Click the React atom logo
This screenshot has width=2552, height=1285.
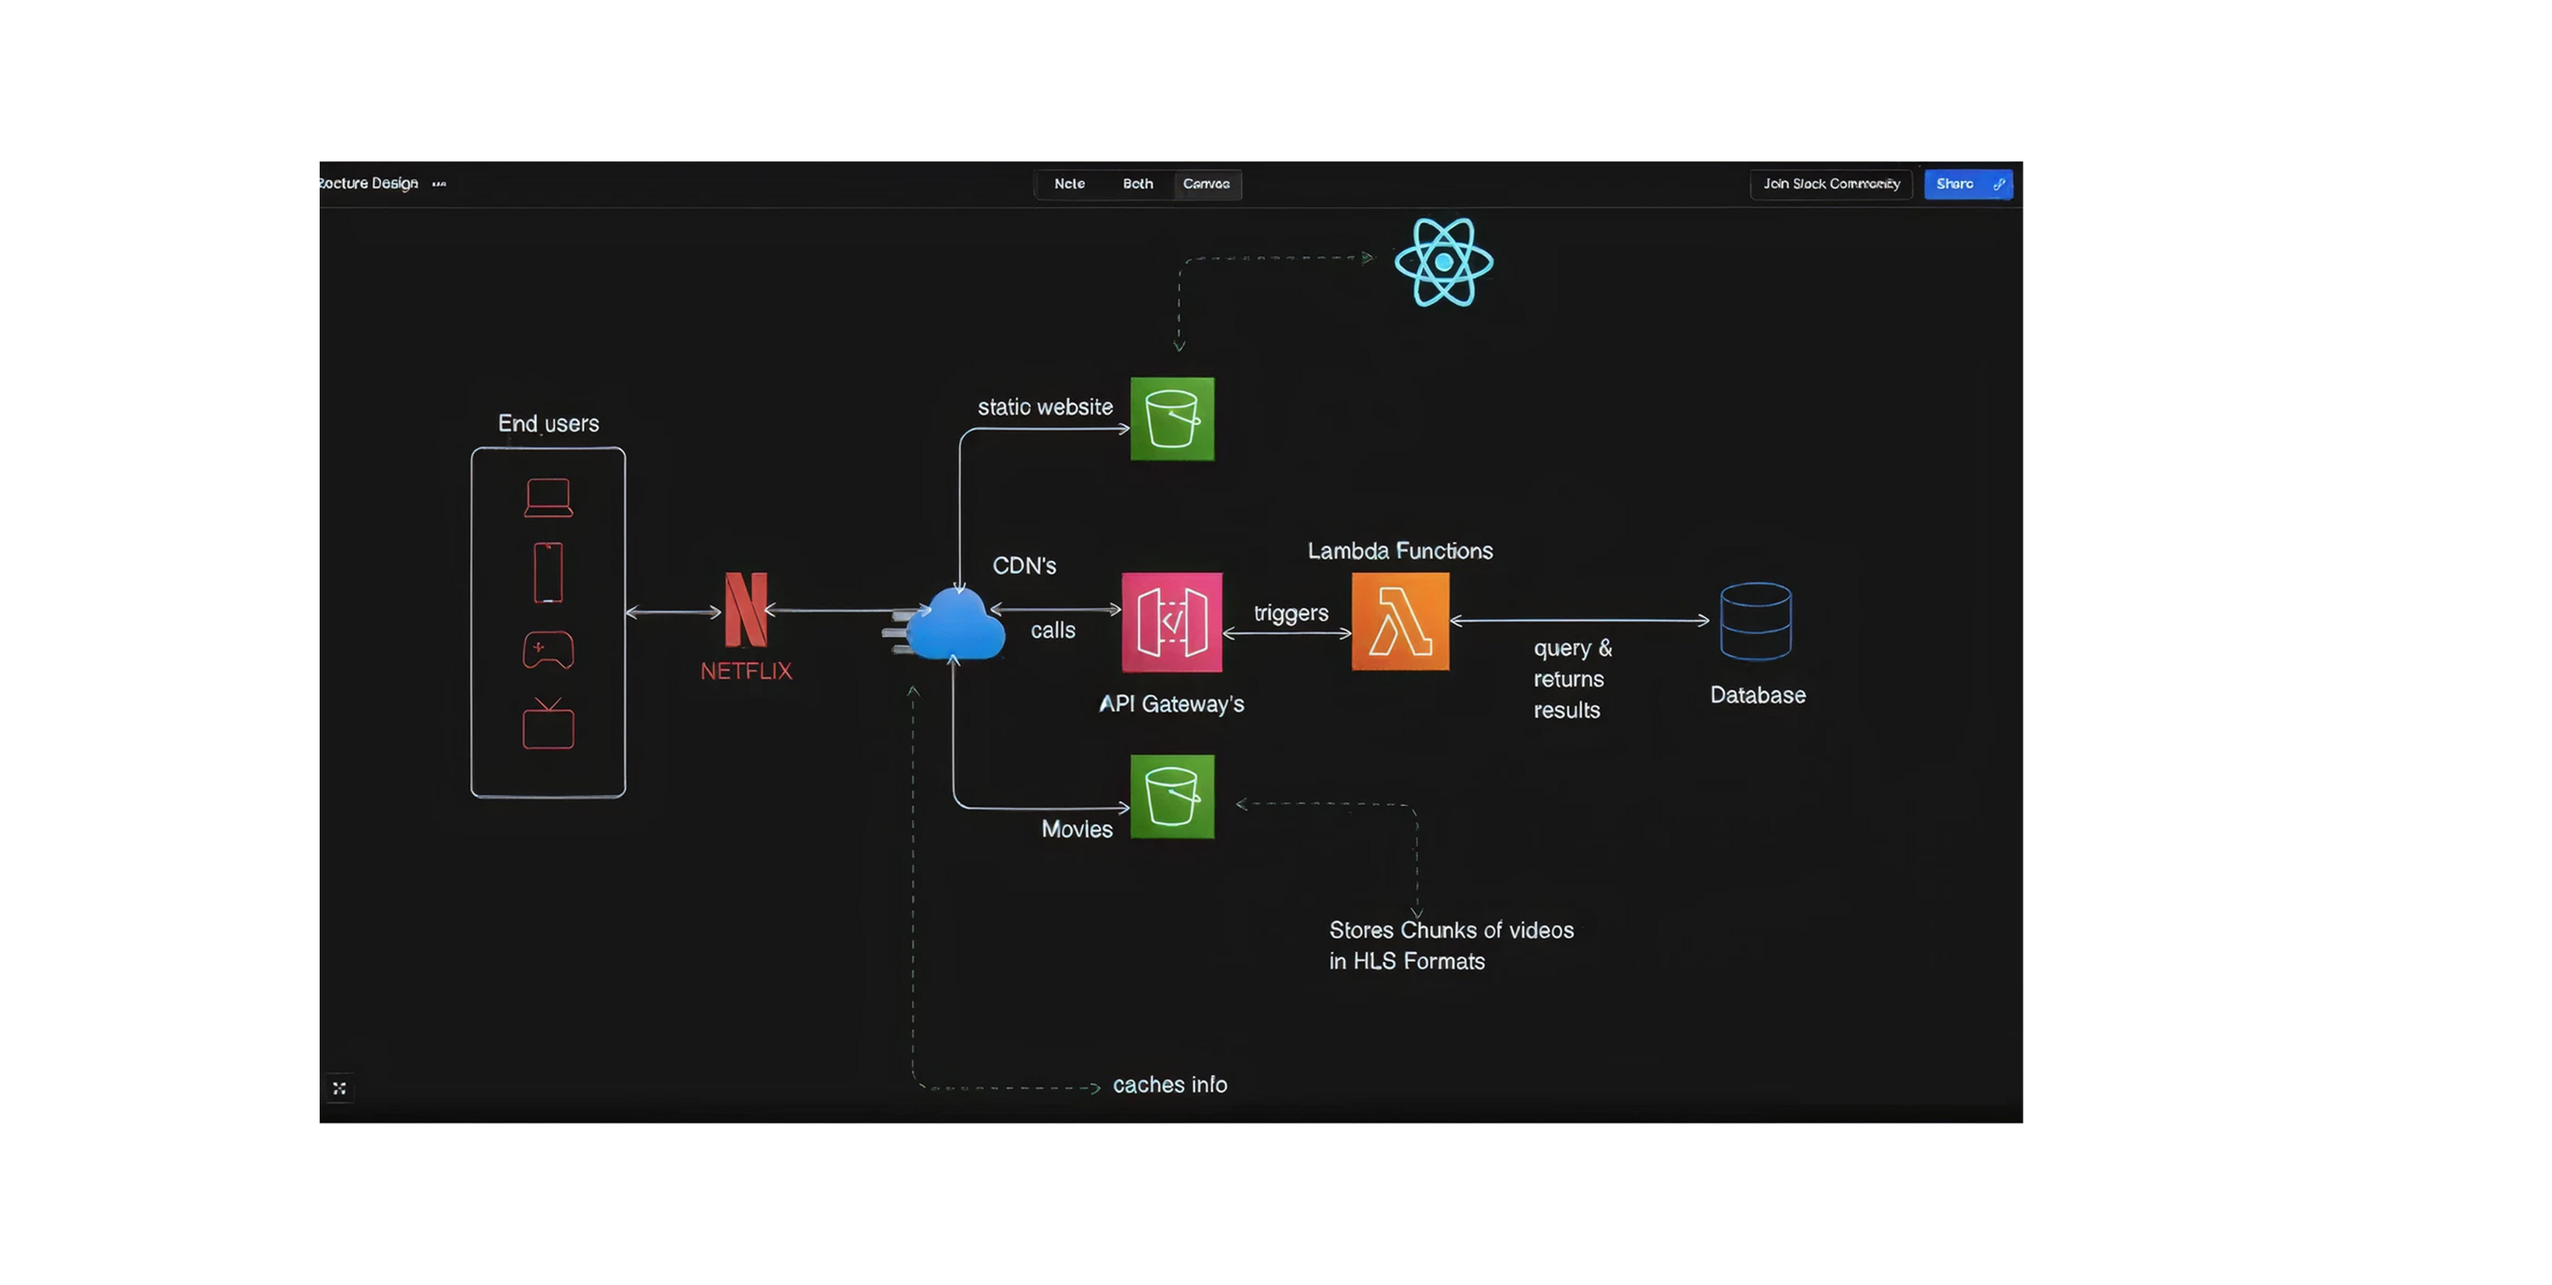(x=1444, y=263)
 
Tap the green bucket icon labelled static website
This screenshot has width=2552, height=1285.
(x=1172, y=419)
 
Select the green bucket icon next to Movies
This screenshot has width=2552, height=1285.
(x=1172, y=797)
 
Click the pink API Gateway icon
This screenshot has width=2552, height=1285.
(x=1171, y=622)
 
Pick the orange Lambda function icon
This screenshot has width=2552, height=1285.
(x=1400, y=622)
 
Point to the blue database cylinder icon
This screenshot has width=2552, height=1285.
(x=1756, y=621)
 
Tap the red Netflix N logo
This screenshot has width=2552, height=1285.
(x=746, y=609)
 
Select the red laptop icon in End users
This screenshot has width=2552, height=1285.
(x=548, y=497)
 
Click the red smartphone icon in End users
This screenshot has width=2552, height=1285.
(x=548, y=573)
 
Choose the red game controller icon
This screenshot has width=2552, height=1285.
(x=548, y=650)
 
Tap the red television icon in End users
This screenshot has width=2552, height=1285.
(x=548, y=724)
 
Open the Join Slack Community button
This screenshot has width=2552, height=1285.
(x=1831, y=185)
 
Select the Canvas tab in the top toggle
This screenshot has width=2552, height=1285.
(x=1206, y=185)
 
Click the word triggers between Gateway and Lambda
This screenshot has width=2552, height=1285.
(x=1291, y=614)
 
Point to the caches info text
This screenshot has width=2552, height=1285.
(x=1169, y=1085)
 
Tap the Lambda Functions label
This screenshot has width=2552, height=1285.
(x=1400, y=551)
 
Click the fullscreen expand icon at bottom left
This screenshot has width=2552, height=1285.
(x=339, y=1088)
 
